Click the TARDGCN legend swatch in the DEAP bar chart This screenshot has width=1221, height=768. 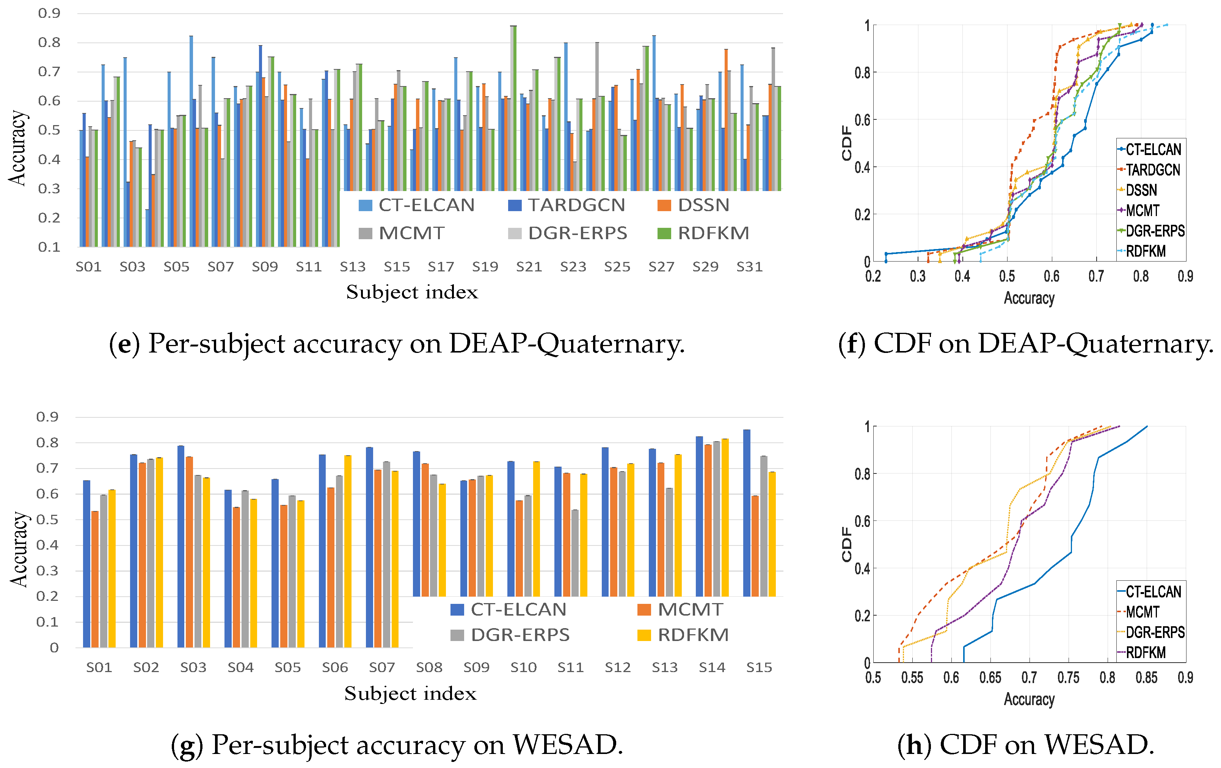click(515, 205)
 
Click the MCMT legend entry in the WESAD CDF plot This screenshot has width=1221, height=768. click(1138, 612)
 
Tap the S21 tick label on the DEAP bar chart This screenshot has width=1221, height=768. click(529, 266)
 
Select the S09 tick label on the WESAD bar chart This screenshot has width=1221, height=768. click(476, 667)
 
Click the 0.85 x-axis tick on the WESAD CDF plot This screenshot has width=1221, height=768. click(1146, 678)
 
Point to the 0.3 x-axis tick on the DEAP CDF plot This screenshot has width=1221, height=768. click(918, 276)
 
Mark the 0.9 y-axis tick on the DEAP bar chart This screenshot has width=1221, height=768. click(49, 13)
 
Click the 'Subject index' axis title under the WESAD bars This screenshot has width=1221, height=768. click(410, 693)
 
